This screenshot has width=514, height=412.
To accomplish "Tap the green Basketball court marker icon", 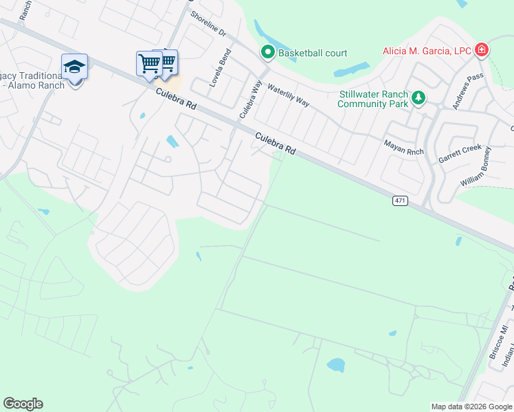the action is pyautogui.click(x=267, y=52).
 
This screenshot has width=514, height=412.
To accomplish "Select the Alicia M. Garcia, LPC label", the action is pyautogui.click(x=427, y=51).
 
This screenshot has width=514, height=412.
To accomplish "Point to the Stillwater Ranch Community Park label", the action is pyautogui.click(x=373, y=100).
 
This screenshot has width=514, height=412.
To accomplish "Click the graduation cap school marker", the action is pyautogui.click(x=74, y=67).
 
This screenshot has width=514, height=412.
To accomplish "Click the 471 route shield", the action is pyautogui.click(x=401, y=201).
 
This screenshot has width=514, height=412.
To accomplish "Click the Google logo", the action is pyautogui.click(x=23, y=404).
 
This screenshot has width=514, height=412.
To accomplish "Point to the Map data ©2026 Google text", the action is pyautogui.click(x=471, y=407).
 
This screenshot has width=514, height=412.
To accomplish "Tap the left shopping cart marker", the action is pyautogui.click(x=149, y=64).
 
